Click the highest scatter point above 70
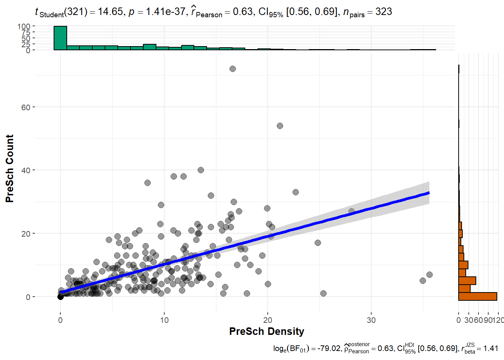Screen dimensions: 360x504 [232, 69]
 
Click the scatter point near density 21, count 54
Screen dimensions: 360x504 [280, 126]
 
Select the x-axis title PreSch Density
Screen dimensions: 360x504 [267, 331]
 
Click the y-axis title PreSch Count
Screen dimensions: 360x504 [10, 168]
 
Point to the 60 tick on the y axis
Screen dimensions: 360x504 [26, 107]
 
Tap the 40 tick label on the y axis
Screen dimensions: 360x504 [26, 170]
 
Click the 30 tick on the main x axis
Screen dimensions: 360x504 [371, 320]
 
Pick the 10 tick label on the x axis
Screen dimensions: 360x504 [164, 320]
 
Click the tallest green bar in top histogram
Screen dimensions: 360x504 [60, 38]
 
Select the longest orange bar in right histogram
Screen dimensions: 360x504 [477, 296]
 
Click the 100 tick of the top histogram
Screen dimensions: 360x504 [24, 26]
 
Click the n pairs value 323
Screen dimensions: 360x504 [384, 12]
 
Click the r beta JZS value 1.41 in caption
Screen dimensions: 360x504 [490, 349]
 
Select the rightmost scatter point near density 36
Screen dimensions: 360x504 [429, 274]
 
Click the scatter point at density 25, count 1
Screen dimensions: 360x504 [323, 293]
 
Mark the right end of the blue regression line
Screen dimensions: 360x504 [429, 193]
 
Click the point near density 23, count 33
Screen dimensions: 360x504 [295, 192]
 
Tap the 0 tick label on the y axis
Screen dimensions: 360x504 [28, 297]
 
